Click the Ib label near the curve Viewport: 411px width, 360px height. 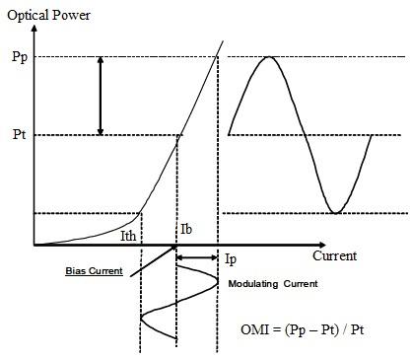pos(186,229)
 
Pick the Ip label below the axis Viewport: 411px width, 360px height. pos(230,260)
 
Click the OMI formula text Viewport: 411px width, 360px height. pos(312,328)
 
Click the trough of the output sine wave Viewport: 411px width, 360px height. pos(336,211)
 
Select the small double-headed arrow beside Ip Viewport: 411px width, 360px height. pos(196,260)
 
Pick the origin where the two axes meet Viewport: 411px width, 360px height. pos(34,245)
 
